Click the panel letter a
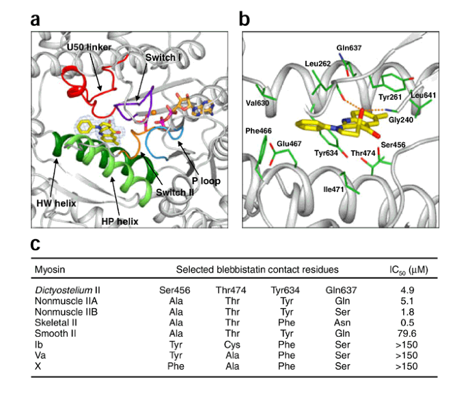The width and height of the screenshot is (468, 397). (36, 18)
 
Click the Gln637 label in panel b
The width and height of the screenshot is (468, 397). (348, 49)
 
